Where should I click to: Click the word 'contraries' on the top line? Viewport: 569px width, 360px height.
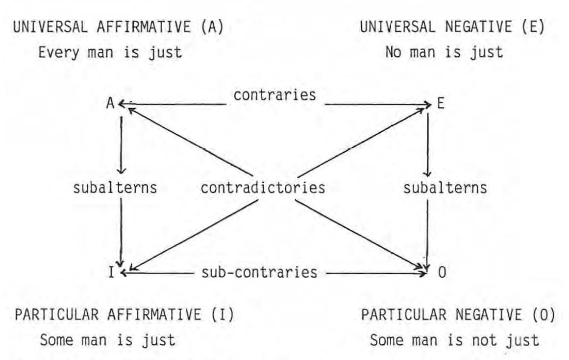click(274, 96)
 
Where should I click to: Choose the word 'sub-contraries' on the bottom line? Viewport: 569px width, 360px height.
click(259, 272)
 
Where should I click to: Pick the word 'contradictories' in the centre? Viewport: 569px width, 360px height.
click(263, 188)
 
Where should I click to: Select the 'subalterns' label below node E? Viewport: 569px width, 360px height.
click(445, 188)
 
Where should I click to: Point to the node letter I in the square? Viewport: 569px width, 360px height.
click(111, 273)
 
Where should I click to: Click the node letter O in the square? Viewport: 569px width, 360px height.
click(442, 273)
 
